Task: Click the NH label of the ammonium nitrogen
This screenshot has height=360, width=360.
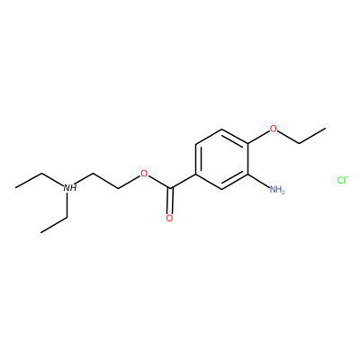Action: click(x=70, y=188)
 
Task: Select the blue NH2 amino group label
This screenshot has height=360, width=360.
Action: click(x=277, y=190)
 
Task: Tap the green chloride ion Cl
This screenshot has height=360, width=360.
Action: click(x=343, y=180)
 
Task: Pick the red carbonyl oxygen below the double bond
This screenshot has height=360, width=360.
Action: click(x=169, y=218)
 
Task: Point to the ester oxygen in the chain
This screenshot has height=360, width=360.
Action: click(x=144, y=174)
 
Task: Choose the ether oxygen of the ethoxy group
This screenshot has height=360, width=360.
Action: click(x=273, y=129)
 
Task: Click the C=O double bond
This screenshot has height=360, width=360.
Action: click(x=170, y=201)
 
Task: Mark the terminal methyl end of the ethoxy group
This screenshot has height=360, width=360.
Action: click(x=325, y=129)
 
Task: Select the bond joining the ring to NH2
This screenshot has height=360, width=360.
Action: click(x=258, y=181)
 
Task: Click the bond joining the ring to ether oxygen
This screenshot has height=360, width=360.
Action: click(x=258, y=138)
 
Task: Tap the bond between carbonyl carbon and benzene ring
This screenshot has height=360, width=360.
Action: click(x=183, y=181)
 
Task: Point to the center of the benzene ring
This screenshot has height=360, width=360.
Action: click(x=221, y=159)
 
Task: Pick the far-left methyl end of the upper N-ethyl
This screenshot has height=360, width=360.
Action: click(x=16, y=188)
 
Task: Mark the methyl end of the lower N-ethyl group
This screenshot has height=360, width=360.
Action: click(x=40, y=232)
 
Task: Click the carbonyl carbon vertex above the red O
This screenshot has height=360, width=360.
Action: click(x=170, y=189)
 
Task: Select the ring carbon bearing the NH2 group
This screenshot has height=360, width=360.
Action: click(x=247, y=174)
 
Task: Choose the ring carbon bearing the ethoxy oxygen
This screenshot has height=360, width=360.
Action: click(x=247, y=144)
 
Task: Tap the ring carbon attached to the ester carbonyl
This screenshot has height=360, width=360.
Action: click(x=195, y=174)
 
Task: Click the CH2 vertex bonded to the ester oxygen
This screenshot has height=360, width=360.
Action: click(x=119, y=188)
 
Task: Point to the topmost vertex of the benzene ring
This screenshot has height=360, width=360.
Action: click(x=221, y=129)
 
